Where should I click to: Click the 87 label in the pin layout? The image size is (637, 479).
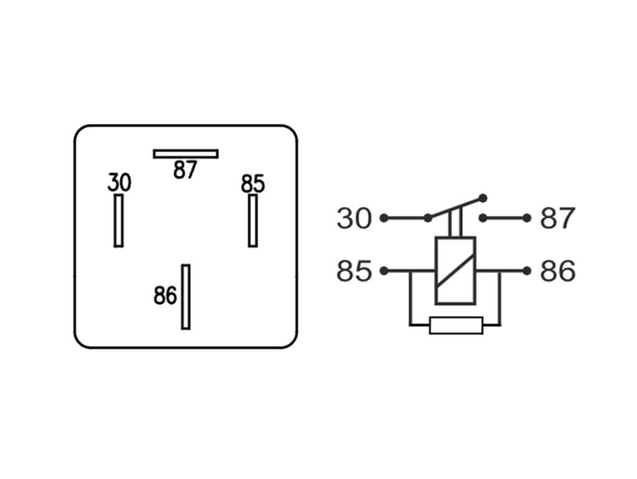tap(185, 170)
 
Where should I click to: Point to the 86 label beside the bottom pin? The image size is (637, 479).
tap(165, 295)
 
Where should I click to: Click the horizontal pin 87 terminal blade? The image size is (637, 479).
tap(185, 154)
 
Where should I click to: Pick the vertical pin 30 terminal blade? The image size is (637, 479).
tap(119, 221)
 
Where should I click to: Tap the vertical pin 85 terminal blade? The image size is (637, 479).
tap(253, 221)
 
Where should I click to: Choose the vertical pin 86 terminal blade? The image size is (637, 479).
tap(185, 297)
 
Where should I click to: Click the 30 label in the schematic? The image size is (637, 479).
tap(354, 218)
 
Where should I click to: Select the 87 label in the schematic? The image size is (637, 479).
tap(557, 218)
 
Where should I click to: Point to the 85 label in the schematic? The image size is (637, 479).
tap(354, 271)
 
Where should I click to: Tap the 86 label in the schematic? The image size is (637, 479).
tap(557, 271)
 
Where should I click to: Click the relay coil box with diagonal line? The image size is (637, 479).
tap(455, 271)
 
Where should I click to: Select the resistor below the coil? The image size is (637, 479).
tap(456, 325)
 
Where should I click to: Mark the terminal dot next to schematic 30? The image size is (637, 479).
tap(383, 218)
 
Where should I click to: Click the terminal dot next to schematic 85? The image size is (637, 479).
tap(383, 271)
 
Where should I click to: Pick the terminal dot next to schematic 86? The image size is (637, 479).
tap(527, 271)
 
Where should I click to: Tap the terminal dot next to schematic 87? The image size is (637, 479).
tap(527, 218)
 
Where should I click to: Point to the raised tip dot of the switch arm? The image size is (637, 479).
tap(483, 198)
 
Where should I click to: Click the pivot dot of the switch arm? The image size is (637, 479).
tap(428, 218)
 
